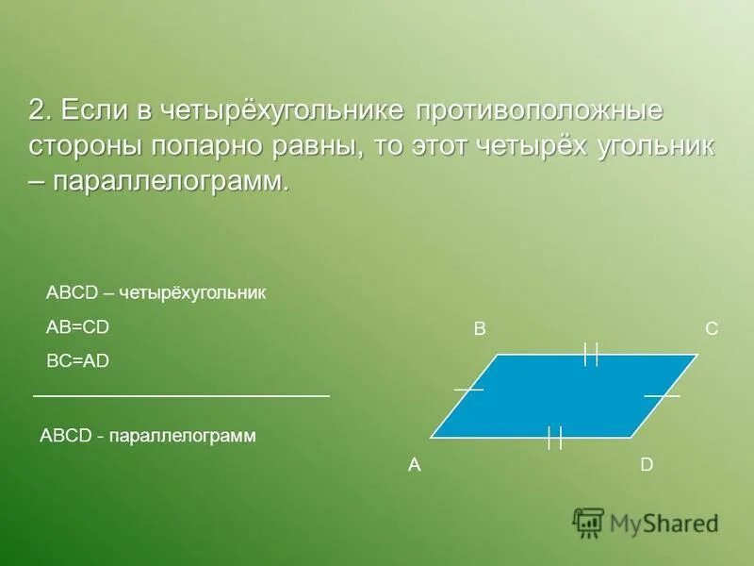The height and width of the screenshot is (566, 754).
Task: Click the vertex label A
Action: click(x=414, y=464)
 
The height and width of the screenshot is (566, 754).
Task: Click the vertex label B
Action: click(x=480, y=329)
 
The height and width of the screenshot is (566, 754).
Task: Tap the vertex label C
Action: click(x=712, y=329)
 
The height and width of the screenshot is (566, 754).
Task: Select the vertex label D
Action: click(x=647, y=464)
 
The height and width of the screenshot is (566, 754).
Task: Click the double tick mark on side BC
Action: click(x=591, y=354)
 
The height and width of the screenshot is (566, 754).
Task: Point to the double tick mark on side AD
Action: click(x=554, y=437)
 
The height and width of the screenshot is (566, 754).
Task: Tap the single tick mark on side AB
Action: click(x=468, y=389)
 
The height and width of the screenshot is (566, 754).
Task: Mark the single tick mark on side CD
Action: click(x=662, y=396)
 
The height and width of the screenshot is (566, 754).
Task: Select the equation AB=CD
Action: click(x=78, y=326)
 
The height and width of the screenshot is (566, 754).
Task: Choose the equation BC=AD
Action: click(x=78, y=360)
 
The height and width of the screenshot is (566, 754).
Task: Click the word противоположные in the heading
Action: click(x=535, y=111)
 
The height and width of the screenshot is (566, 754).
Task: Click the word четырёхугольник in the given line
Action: click(x=193, y=293)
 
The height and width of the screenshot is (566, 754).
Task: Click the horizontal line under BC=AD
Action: click(x=181, y=395)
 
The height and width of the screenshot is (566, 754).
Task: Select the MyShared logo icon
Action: click(x=588, y=522)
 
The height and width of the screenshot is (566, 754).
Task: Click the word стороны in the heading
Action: click(x=86, y=146)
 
